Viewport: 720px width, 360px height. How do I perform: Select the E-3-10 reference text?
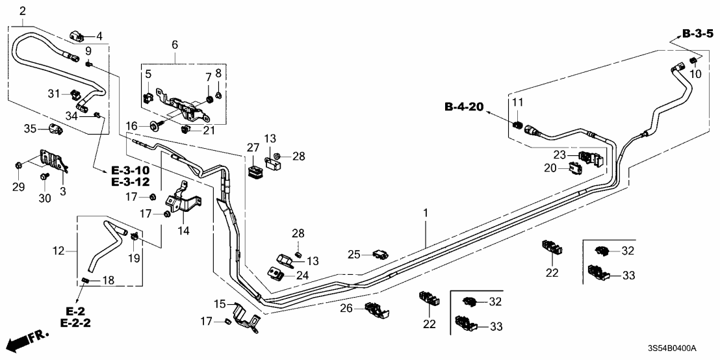click(x=130, y=170)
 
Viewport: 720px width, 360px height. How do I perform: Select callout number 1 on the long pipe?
click(x=426, y=212)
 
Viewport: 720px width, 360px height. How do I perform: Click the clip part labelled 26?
click(x=378, y=312)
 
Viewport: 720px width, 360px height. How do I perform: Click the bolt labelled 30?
click(x=44, y=176)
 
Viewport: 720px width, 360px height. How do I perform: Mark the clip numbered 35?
click(x=54, y=130)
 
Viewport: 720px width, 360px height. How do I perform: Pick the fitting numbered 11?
click(x=518, y=123)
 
